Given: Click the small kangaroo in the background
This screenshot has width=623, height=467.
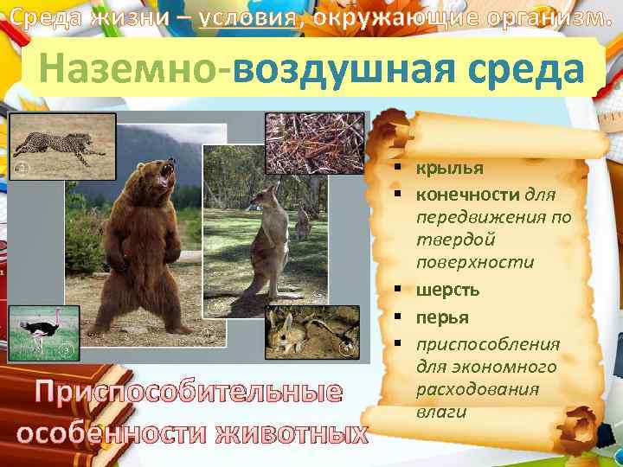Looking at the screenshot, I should click(x=302, y=223).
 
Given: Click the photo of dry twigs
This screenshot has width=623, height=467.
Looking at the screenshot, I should click(x=314, y=143).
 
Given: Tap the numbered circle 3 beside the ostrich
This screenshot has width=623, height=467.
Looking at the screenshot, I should click(x=67, y=350).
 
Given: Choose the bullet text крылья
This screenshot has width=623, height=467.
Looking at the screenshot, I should click(x=448, y=168).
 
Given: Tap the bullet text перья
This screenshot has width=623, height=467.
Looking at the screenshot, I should click(x=443, y=317).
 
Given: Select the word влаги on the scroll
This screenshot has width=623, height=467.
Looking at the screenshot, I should click(x=441, y=412).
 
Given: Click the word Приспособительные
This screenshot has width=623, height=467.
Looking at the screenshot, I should click(x=187, y=392).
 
